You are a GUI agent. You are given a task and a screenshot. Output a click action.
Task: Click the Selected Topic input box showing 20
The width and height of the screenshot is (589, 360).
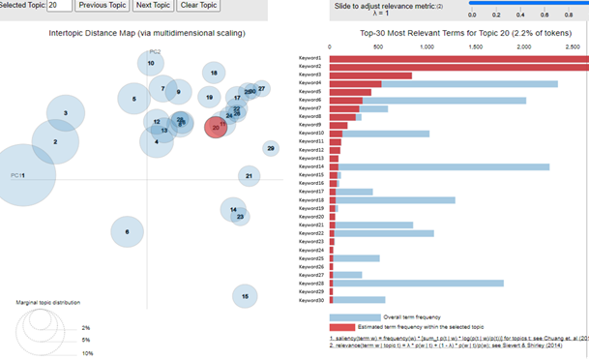[x=58, y=6]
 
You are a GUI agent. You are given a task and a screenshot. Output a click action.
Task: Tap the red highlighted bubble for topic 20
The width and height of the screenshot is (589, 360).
[x=216, y=127]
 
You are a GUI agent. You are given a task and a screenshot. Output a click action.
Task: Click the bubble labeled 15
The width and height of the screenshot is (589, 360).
[x=246, y=296]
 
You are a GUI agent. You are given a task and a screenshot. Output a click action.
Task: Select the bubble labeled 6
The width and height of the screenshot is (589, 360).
[x=127, y=231]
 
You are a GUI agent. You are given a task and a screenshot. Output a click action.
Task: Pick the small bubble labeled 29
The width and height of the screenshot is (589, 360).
[x=271, y=148]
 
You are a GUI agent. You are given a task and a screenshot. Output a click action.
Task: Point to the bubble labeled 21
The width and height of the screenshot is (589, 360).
[x=250, y=176]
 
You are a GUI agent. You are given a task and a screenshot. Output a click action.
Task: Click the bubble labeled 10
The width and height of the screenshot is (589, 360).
[x=151, y=64]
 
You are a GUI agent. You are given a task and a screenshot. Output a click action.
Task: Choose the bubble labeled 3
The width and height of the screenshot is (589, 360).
[x=65, y=113]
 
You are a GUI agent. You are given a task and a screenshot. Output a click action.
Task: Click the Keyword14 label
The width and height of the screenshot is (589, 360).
[x=311, y=166]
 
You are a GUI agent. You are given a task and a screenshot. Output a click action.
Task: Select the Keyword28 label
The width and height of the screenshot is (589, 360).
[x=311, y=283]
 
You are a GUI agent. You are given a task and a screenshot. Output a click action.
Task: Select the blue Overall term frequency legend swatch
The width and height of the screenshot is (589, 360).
[x=355, y=316]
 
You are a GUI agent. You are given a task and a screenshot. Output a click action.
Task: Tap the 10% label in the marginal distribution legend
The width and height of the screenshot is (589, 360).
[x=86, y=354]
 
